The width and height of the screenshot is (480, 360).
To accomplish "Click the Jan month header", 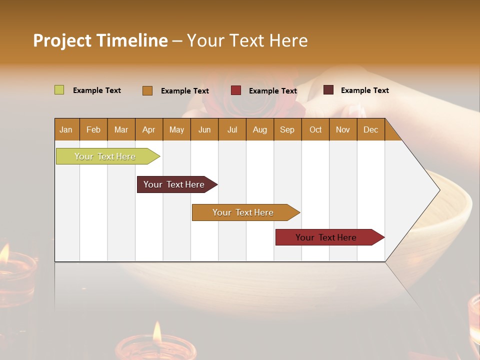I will click(x=66, y=129).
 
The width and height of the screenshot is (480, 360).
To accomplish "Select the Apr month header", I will click(x=148, y=129).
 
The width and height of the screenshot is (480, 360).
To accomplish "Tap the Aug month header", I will click(x=259, y=129).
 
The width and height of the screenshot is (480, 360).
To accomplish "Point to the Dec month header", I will click(x=370, y=129).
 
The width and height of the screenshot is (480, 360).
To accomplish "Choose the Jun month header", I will click(x=204, y=129).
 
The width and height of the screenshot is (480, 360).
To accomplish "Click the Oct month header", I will click(x=315, y=129).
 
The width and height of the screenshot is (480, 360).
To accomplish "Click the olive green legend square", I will click(x=59, y=90).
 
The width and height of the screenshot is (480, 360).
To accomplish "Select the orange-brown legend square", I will click(x=147, y=90).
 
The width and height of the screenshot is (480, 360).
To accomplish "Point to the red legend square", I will click(x=235, y=90).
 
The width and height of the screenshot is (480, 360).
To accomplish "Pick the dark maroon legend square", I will click(x=328, y=90).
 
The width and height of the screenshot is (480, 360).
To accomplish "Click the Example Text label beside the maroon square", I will click(x=364, y=90).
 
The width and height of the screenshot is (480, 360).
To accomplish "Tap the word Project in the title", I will click(x=61, y=40).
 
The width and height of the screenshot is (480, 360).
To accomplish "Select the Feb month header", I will click(x=93, y=129).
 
